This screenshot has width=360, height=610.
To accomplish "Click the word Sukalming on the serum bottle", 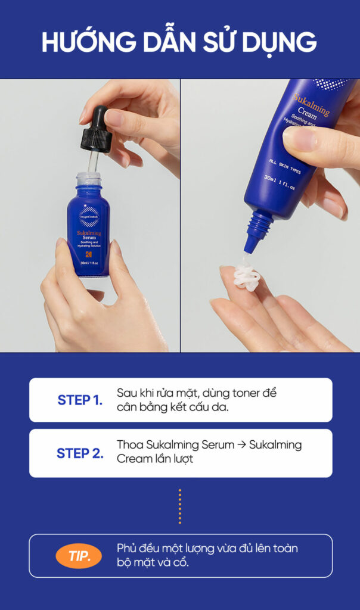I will click(x=89, y=234).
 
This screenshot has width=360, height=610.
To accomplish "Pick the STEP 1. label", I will click(x=80, y=400).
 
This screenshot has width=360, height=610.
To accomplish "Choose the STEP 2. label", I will click(x=80, y=453).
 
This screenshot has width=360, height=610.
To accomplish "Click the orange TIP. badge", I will click(x=79, y=557).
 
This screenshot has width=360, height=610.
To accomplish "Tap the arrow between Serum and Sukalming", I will click(x=241, y=445).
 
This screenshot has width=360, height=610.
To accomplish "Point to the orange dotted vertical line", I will click(x=179, y=506).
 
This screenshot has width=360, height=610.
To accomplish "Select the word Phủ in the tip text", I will click(x=127, y=549).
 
